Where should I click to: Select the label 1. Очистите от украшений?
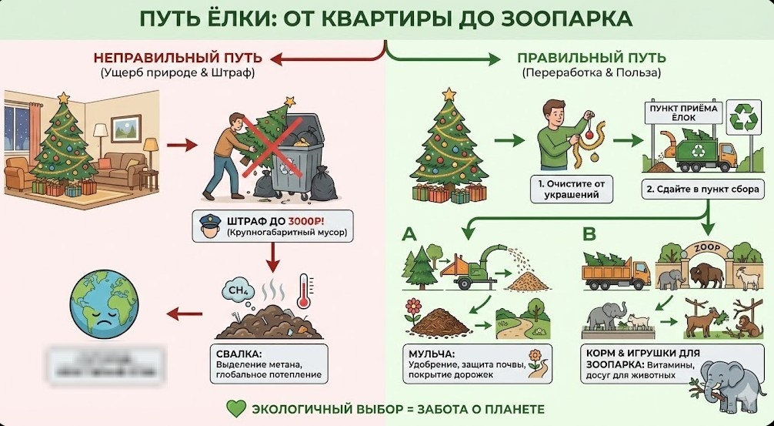point(572,190)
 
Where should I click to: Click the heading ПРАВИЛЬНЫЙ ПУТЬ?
point(591,58)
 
